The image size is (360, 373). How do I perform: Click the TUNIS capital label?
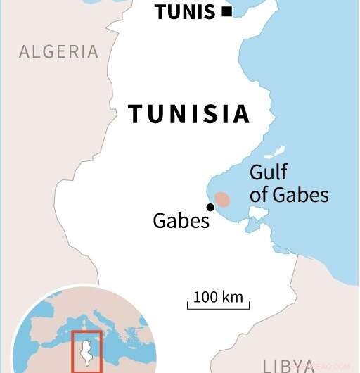pyautogui.click(x=185, y=12)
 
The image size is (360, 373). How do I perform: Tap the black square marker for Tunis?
pyautogui.click(x=226, y=11)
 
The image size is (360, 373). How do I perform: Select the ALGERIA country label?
pyautogui.click(x=59, y=51)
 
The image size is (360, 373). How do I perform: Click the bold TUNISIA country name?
pyautogui.click(x=189, y=113)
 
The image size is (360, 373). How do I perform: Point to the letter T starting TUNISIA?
pyautogui.click(x=136, y=113)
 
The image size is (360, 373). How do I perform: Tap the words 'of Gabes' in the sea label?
pyautogui.click(x=289, y=194)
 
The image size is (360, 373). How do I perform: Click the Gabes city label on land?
pyautogui.click(x=181, y=221)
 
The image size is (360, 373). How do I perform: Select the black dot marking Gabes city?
pyautogui.click(x=210, y=206)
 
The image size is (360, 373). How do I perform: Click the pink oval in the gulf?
pyautogui.click(x=222, y=200)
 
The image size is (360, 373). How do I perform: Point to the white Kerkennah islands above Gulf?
pyautogui.click(x=274, y=152)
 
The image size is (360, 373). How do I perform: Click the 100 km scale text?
pyautogui.click(x=218, y=296)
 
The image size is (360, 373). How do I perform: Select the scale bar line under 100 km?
pyautogui.click(x=218, y=307)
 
